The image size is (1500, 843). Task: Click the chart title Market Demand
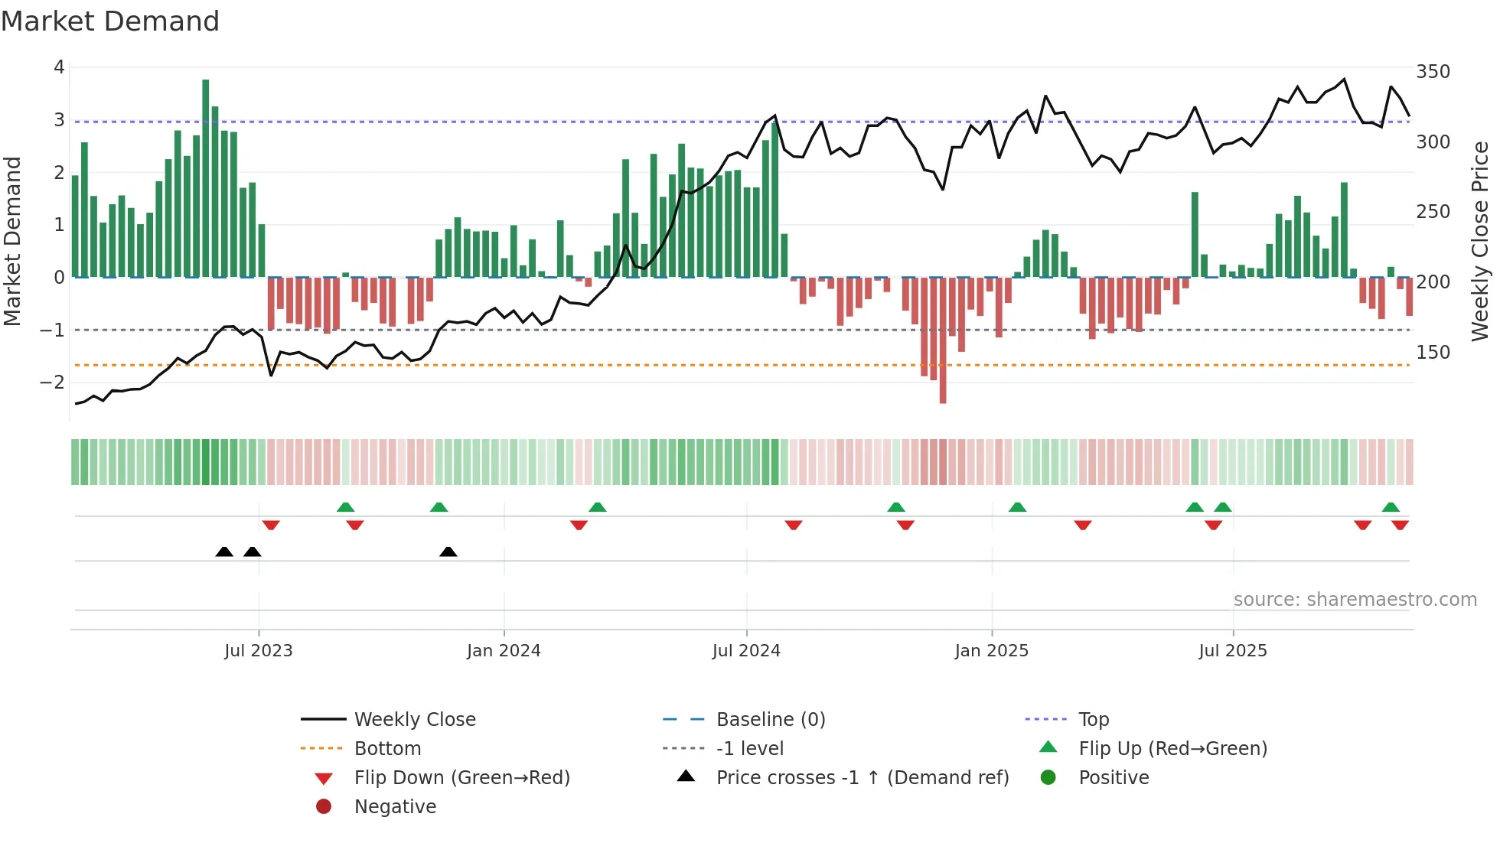pos(110,21)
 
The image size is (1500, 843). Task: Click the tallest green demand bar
pos(205,177)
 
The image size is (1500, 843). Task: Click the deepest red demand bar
pos(943,340)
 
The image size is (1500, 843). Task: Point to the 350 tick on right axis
pos(1433,72)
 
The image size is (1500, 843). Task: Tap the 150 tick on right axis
pos(1433,353)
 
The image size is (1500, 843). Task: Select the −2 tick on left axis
pos(52,382)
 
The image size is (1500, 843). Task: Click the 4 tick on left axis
pos(59,67)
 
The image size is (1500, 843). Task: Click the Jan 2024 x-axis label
pos(504,651)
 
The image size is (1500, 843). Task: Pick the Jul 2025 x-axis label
pos(1233,651)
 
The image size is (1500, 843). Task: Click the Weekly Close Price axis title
pos(1480,241)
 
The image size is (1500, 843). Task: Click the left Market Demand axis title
pos(13,241)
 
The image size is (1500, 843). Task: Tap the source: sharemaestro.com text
pos(1355,600)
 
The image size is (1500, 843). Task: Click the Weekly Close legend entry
pos(414,720)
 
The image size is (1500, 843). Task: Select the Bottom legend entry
pos(387,749)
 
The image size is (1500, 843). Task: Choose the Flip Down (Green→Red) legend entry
pos(461,778)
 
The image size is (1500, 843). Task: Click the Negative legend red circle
pos(324,807)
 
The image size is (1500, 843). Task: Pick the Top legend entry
pos(1093,720)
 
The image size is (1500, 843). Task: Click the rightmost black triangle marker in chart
pos(448,552)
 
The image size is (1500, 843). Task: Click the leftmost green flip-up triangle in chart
pos(346,507)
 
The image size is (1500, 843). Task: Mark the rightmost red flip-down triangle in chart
pos(1401,525)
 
